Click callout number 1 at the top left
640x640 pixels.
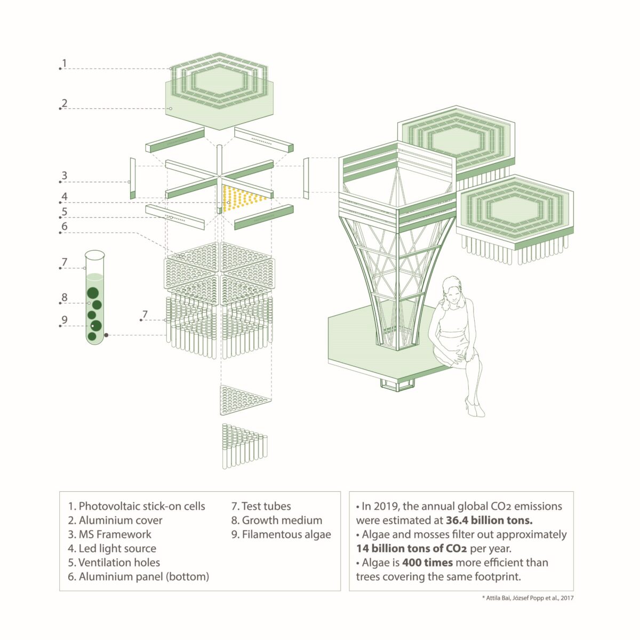point(64,63)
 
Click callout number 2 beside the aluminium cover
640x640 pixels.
point(64,103)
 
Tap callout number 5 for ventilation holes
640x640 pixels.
point(64,212)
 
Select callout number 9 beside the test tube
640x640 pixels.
point(64,320)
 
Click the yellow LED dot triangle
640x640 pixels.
point(243,198)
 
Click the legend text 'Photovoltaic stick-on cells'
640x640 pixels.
point(142,506)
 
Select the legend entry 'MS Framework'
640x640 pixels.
point(115,534)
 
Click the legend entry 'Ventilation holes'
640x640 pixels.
point(119,563)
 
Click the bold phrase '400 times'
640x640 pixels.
point(427,563)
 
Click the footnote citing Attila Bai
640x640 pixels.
point(527,598)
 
